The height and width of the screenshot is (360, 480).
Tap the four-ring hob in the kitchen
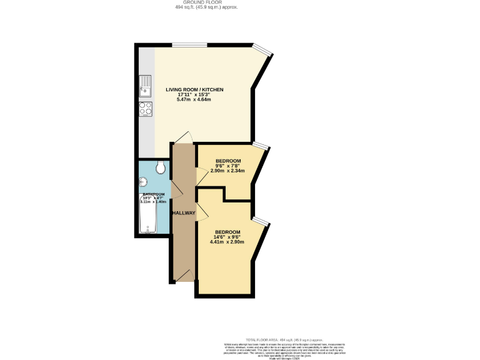tap(146, 109)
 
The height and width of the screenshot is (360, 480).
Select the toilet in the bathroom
tap(161, 167)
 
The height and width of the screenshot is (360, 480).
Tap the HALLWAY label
tap(184, 213)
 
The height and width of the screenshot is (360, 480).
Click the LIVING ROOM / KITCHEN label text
tap(194, 90)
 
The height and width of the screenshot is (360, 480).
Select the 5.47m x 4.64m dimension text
tap(194, 99)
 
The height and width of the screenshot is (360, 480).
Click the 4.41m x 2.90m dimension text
tap(227, 242)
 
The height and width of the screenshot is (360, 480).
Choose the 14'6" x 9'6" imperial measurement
tap(227, 237)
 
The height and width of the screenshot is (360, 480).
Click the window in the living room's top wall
tap(190, 44)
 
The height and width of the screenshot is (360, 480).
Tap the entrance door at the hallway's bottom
tap(184, 275)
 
